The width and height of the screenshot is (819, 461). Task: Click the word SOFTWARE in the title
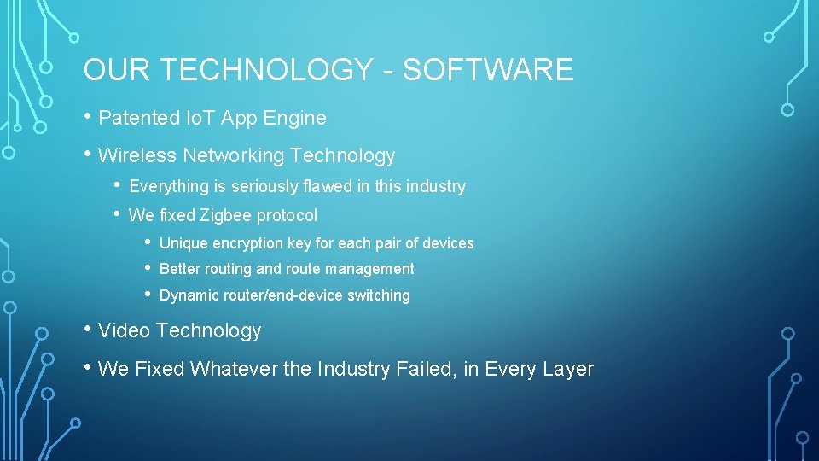488,70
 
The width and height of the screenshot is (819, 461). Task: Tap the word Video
125,330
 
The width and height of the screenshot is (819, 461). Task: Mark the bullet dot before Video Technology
88,330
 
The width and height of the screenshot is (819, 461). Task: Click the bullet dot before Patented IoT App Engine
88,117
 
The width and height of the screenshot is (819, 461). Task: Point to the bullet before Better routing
148,268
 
